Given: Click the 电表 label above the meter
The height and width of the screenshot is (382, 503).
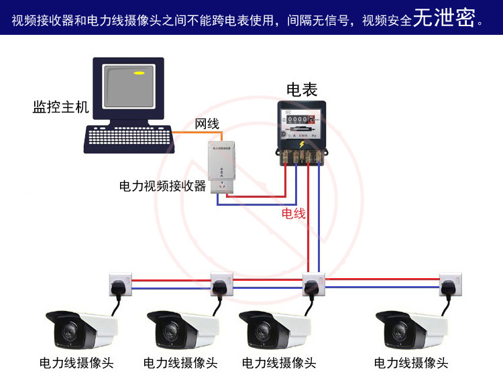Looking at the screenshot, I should point(302,89).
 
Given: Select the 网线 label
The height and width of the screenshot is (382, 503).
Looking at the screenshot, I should point(207,124).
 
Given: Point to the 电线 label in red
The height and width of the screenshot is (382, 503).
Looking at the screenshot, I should point(293,213).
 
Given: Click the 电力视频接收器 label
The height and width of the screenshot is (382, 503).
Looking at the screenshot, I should point(162,186).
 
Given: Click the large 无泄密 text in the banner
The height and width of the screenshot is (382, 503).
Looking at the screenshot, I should point(445,19).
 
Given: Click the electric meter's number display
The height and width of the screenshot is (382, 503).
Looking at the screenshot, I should point(298,119).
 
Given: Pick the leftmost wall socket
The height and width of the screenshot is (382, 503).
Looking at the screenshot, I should point(119,283).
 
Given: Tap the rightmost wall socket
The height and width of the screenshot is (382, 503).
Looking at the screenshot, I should point(450,283).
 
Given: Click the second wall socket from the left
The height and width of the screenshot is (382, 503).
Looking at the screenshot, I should point(221,283).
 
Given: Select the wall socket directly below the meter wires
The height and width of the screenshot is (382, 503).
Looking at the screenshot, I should point(313,283).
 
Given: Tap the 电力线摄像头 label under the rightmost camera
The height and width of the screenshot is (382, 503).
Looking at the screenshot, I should point(411,363).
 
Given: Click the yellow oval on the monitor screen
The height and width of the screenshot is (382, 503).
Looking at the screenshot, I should point(139,72).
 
